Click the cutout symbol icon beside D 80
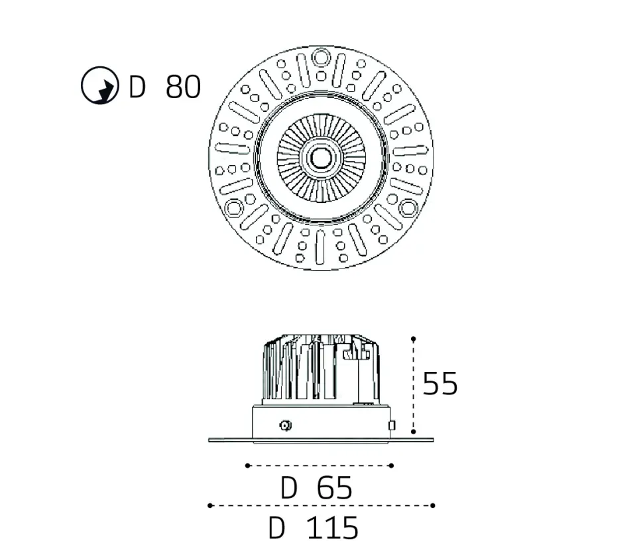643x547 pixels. click(99, 86)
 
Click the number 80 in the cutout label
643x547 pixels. click(182, 86)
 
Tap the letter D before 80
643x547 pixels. click(137, 86)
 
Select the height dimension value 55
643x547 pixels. click(440, 383)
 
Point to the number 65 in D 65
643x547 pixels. click(335, 489)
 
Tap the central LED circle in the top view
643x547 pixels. click(321, 158)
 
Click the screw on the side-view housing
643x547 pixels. click(286, 425)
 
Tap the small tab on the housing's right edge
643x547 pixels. click(392, 425)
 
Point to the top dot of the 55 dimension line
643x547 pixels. click(414, 338)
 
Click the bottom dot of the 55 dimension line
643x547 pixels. click(414, 432)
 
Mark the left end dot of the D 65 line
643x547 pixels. click(247, 465)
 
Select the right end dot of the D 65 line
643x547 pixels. click(392, 465)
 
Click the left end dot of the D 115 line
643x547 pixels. click(209, 505)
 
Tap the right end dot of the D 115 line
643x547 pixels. click(433, 505)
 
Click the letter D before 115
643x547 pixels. click(277, 528)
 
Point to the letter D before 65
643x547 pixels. click(289, 489)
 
